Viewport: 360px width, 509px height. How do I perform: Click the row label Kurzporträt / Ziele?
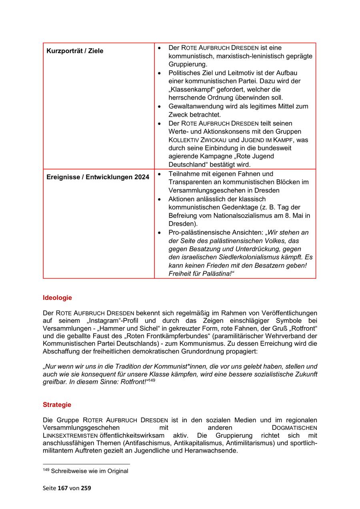[75, 51]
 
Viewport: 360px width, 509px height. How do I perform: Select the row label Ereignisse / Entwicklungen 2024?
[98, 177]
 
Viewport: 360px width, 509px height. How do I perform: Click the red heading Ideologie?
[57, 297]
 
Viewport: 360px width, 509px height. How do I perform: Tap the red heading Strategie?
[57, 405]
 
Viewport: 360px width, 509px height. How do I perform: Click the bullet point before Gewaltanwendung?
[160, 107]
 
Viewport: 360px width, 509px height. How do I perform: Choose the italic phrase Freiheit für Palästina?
[200, 274]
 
